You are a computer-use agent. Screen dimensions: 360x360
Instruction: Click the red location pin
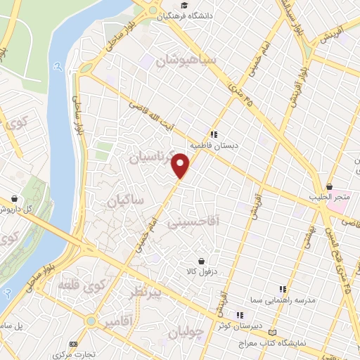pos(181,165)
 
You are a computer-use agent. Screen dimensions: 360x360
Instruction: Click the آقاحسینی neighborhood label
pos(195,222)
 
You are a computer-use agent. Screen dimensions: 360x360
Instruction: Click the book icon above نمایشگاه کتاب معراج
pos(274,332)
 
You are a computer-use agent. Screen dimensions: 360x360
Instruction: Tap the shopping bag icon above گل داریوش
pos(14,198)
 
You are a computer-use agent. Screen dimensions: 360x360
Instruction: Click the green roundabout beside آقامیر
pos(90,321)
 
